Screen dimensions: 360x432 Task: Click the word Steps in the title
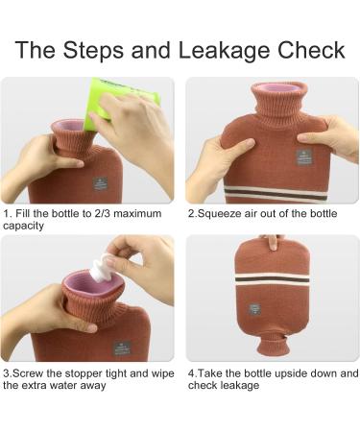coord(93,51)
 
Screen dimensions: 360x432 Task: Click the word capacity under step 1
coord(23,227)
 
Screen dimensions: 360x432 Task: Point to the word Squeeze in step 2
coord(219,213)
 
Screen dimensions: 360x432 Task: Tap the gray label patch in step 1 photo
coord(100,183)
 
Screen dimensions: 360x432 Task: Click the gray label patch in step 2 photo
coord(303,157)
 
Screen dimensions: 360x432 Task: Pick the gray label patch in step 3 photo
coord(122,348)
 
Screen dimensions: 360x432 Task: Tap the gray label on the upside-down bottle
coord(254,309)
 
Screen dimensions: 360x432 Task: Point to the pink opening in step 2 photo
coord(276,87)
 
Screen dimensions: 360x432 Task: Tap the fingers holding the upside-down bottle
coord(272,242)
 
